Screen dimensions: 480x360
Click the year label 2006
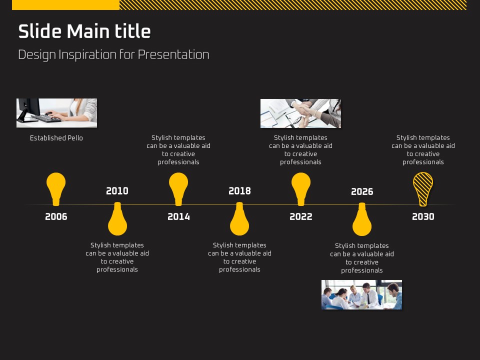click(56, 216)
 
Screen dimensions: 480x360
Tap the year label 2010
click(117, 191)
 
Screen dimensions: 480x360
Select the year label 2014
click(178, 216)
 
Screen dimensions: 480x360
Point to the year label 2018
click(239, 191)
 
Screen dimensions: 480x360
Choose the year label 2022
click(301, 216)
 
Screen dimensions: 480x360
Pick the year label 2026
click(362, 191)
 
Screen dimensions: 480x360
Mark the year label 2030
click(423, 216)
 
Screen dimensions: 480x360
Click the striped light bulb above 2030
click(423, 189)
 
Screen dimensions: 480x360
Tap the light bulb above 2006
click(56, 188)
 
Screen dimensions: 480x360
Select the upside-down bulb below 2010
click(117, 219)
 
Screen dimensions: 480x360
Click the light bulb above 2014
click(178, 188)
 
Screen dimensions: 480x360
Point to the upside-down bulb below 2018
click(239, 219)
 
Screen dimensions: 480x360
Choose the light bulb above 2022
click(301, 188)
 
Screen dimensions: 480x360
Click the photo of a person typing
click(56, 113)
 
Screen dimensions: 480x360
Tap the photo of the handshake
click(300, 113)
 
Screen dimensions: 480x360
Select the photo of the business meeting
click(361, 295)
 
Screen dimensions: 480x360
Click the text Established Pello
click(56, 138)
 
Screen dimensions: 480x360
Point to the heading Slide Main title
click(84, 31)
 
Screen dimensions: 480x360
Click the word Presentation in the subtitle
click(173, 55)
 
